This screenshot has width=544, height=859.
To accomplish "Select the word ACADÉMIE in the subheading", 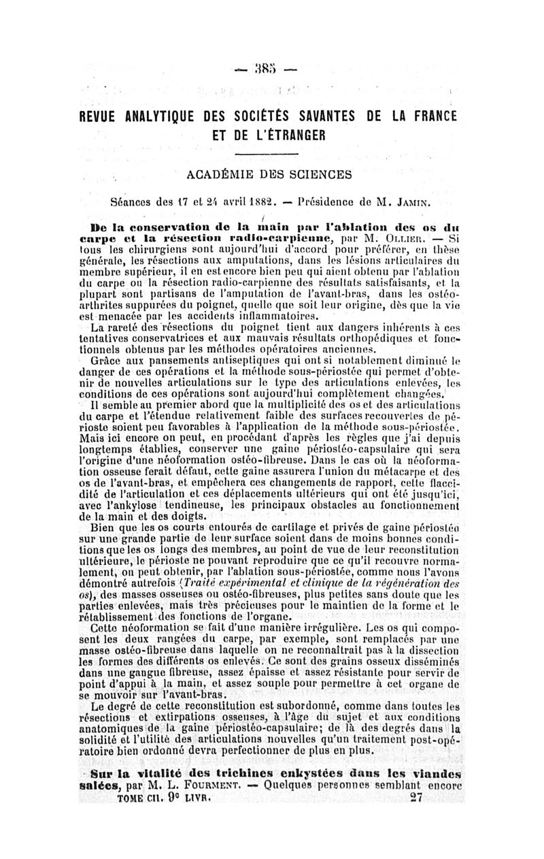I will tap(219, 175).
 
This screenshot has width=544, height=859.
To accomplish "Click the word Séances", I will tap(134, 202).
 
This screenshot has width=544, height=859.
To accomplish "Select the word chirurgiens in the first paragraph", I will tap(145, 249).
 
